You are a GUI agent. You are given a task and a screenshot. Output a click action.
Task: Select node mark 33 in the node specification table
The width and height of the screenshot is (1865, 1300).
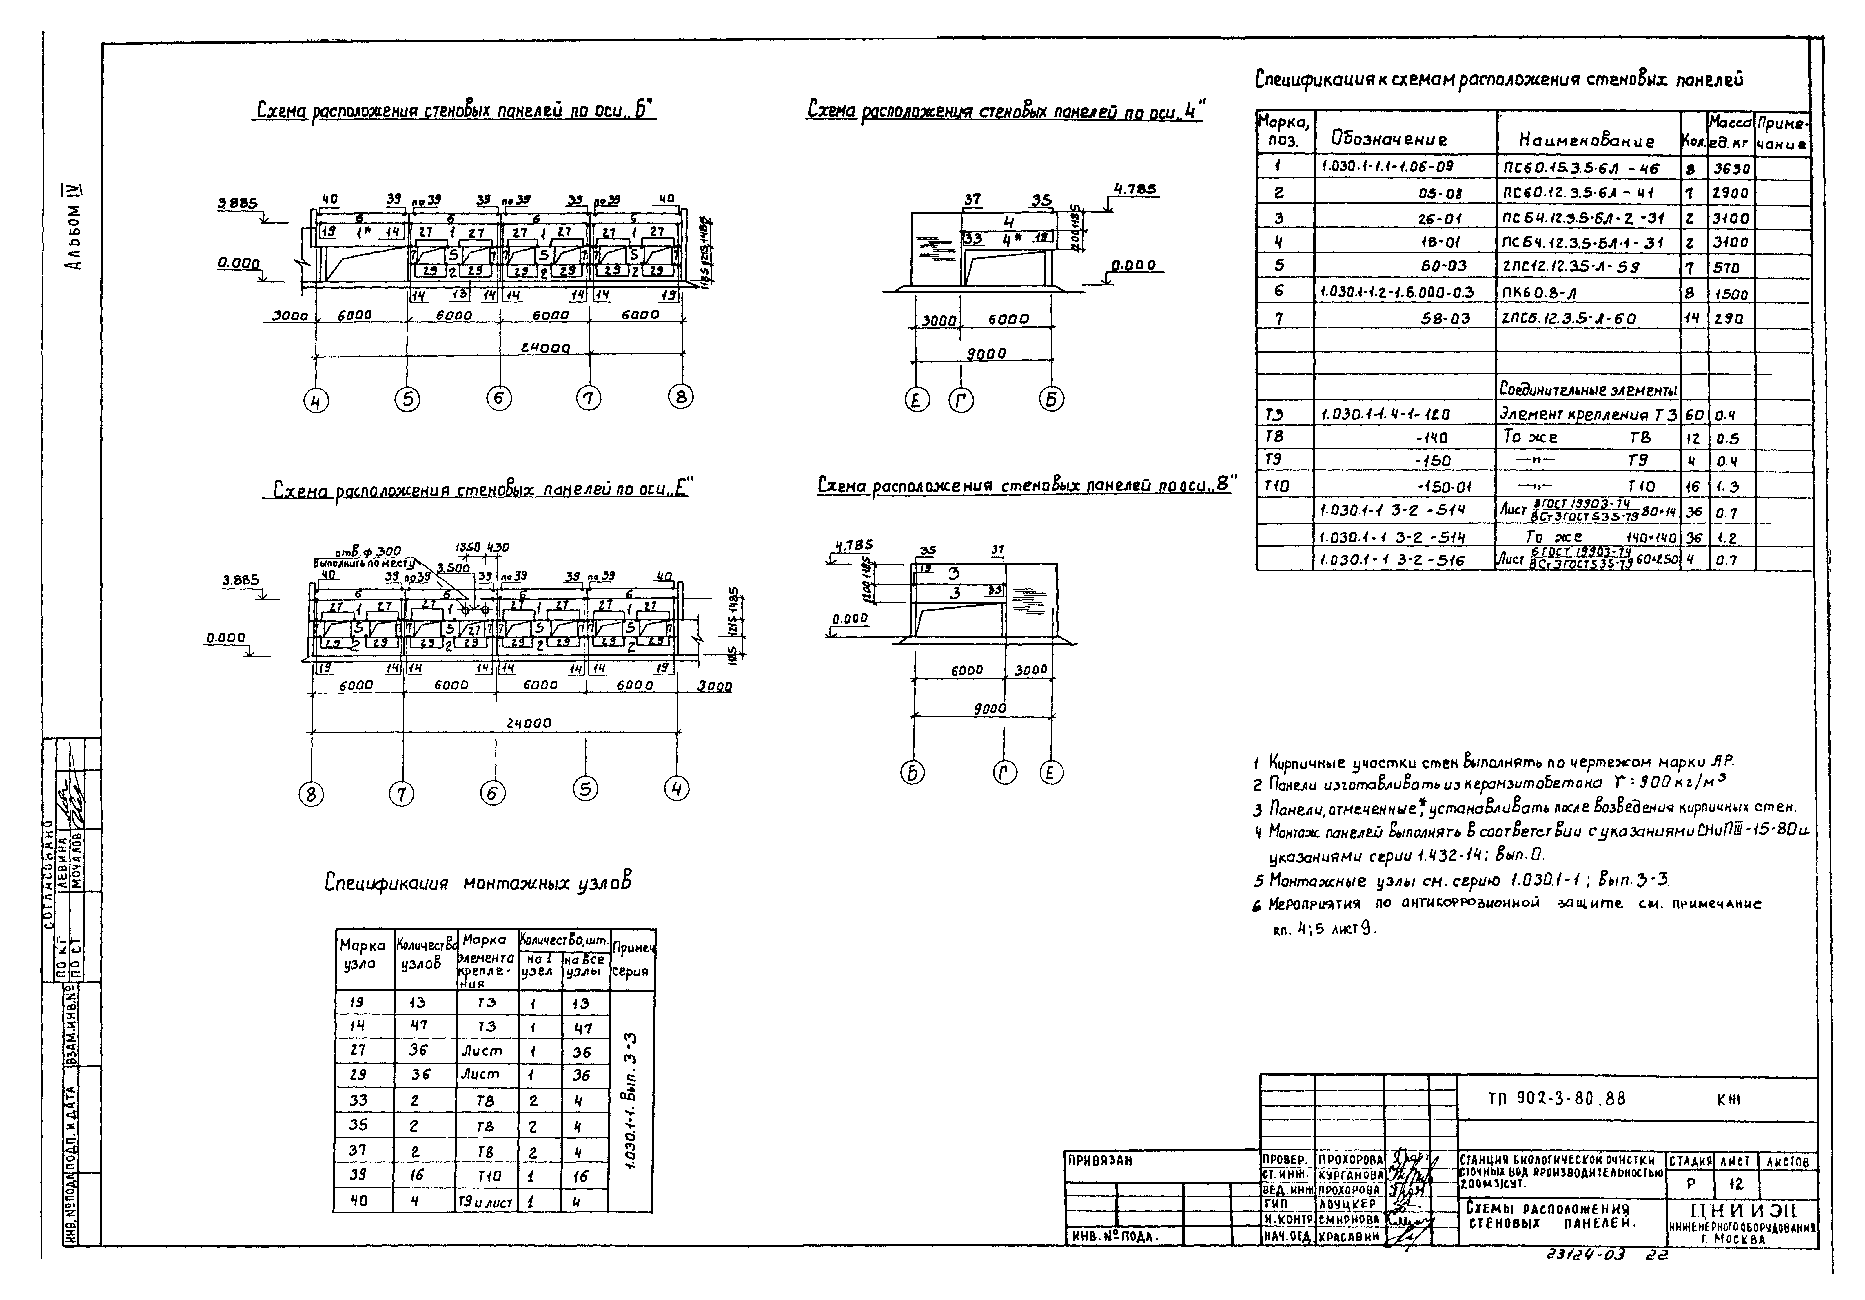click(x=358, y=1100)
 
